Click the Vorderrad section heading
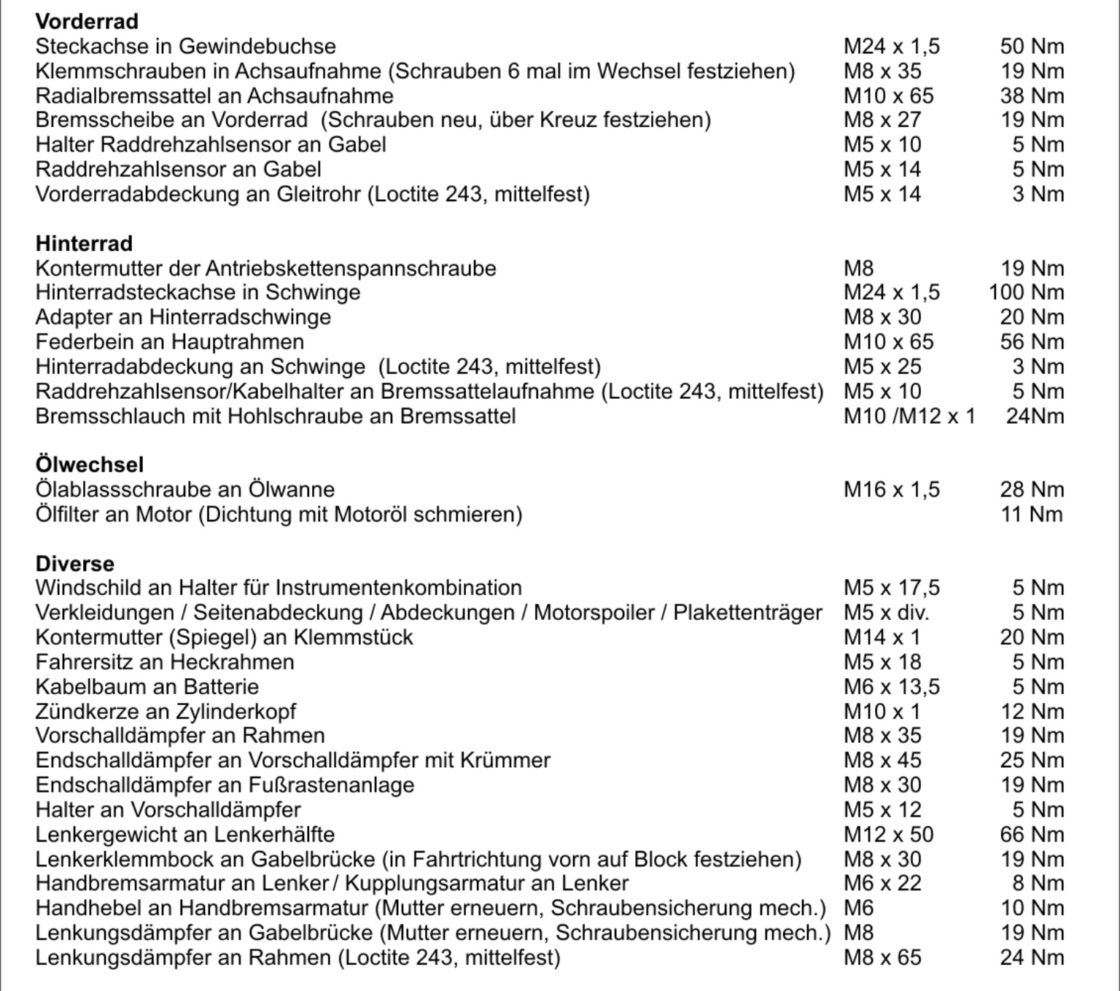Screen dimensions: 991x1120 click(x=87, y=21)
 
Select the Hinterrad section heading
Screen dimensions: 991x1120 click(x=84, y=243)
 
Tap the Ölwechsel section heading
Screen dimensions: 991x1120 click(x=90, y=465)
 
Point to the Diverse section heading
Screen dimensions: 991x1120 click(x=75, y=564)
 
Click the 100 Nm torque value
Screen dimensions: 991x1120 click(x=1026, y=292)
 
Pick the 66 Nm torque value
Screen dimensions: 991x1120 click(x=1032, y=834)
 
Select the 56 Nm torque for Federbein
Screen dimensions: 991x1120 click(x=1032, y=341)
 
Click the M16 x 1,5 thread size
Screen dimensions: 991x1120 click(x=892, y=489)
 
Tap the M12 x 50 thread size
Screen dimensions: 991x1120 click(x=889, y=834)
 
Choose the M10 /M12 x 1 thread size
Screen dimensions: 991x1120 click(x=909, y=416)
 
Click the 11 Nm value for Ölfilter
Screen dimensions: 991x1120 click(x=1032, y=514)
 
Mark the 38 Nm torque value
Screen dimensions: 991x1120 click(x=1032, y=96)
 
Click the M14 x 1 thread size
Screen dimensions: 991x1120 click(x=882, y=637)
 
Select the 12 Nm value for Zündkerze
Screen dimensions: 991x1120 click(x=1032, y=711)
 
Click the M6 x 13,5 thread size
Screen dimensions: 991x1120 click(x=892, y=686)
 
